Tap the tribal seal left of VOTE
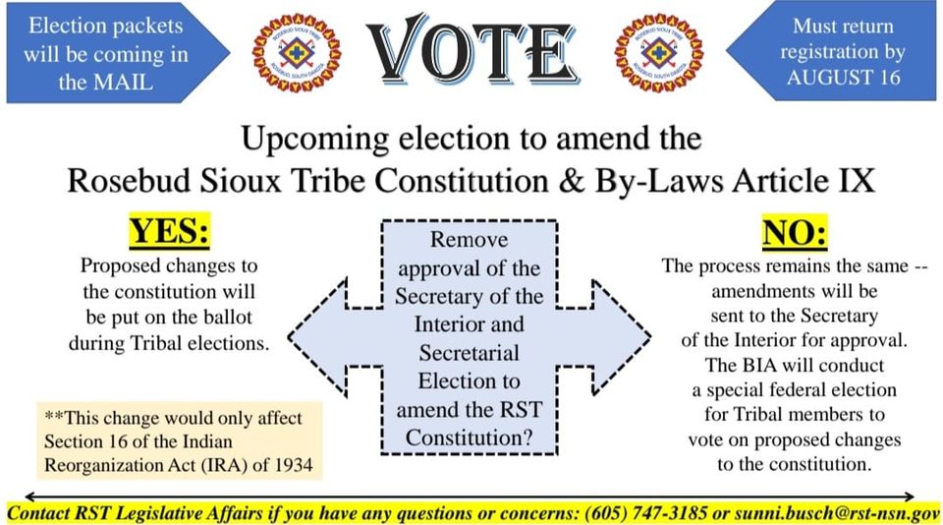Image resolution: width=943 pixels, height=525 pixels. [x=297, y=53]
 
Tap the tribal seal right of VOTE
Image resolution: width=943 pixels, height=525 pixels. [x=659, y=53]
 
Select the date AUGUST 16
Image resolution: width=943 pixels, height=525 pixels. [x=843, y=78]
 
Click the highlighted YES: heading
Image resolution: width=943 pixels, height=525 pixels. [x=170, y=232]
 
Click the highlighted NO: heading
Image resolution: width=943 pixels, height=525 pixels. [x=795, y=232]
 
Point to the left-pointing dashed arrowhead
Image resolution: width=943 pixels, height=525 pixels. [x=318, y=336]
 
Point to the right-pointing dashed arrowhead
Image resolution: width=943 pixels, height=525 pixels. [x=621, y=336]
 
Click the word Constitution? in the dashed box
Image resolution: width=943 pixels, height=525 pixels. [x=470, y=437]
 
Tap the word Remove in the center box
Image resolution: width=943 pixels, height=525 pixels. [x=470, y=240]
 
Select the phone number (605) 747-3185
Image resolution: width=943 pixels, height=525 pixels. [x=645, y=513]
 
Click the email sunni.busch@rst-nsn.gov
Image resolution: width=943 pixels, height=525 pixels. [x=837, y=513]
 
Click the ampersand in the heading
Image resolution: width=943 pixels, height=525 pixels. [x=571, y=180]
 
